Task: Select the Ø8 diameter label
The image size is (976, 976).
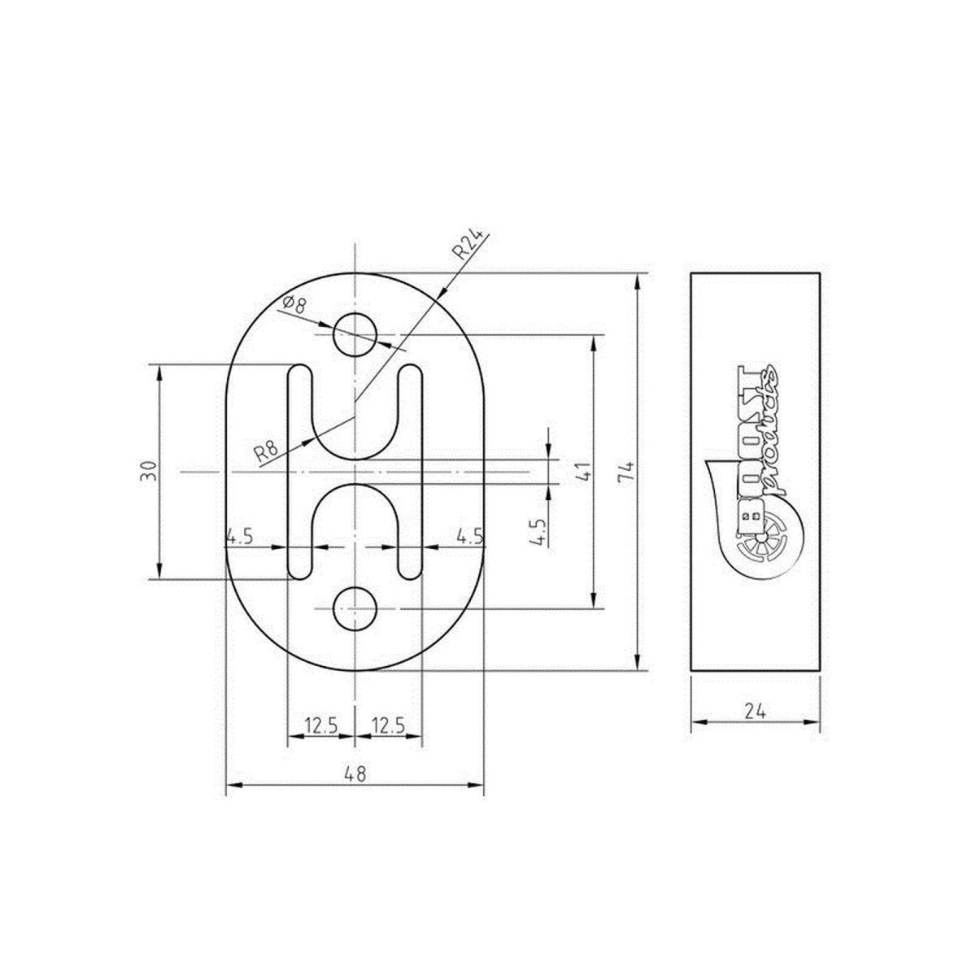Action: coord(294,306)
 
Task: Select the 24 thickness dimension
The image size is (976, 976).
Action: coord(756,710)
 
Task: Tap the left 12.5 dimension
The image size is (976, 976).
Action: coord(321,724)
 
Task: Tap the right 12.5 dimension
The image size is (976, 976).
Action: coord(389,724)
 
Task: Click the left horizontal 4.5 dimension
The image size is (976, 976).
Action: coord(240,536)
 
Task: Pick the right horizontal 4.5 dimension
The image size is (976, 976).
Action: coord(469,536)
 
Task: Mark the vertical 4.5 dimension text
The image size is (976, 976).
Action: coord(538,529)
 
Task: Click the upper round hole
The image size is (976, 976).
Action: coord(355,334)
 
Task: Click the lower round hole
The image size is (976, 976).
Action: coord(355,608)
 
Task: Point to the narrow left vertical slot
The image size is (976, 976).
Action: coord(299,472)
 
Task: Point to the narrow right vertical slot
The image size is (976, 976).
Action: coord(411,472)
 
